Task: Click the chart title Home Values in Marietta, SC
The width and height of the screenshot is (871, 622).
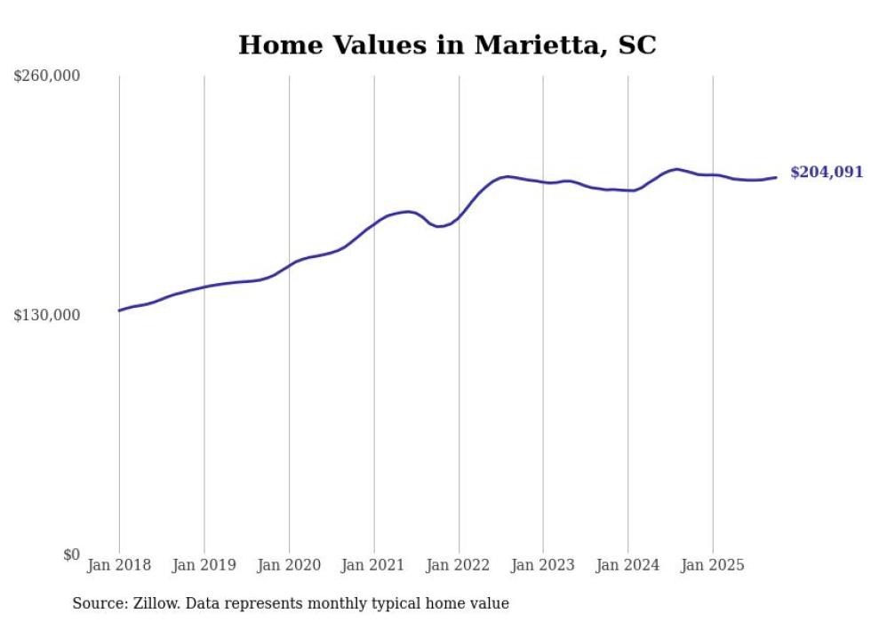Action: pyautogui.click(x=447, y=45)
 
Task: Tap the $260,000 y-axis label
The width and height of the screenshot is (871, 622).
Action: pyautogui.click(x=47, y=77)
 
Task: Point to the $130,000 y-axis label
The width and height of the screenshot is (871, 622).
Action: pyautogui.click(x=47, y=316)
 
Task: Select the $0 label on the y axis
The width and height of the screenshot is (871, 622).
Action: pyautogui.click(x=71, y=555)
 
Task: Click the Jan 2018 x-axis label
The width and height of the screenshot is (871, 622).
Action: pyautogui.click(x=119, y=565)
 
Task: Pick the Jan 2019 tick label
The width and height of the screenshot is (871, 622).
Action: pyautogui.click(x=204, y=565)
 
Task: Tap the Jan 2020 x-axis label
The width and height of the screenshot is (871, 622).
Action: pyautogui.click(x=289, y=565)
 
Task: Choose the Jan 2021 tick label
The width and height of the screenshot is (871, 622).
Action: pyautogui.click(x=373, y=565)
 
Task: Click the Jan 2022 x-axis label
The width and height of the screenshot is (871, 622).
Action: pyautogui.click(x=459, y=565)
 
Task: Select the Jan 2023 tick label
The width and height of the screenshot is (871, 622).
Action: pyautogui.click(x=543, y=565)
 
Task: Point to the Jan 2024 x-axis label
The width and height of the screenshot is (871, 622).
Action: pyautogui.click(x=627, y=565)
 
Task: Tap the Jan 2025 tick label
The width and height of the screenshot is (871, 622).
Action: pyautogui.click(x=712, y=565)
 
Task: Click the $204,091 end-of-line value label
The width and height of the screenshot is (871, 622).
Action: pyautogui.click(x=827, y=173)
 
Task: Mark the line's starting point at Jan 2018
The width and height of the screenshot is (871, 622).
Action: pyautogui.click(x=119, y=311)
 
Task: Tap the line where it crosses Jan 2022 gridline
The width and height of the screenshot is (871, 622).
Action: pyautogui.click(x=459, y=217)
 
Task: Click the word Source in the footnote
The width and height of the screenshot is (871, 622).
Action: pyautogui.click(x=98, y=604)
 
